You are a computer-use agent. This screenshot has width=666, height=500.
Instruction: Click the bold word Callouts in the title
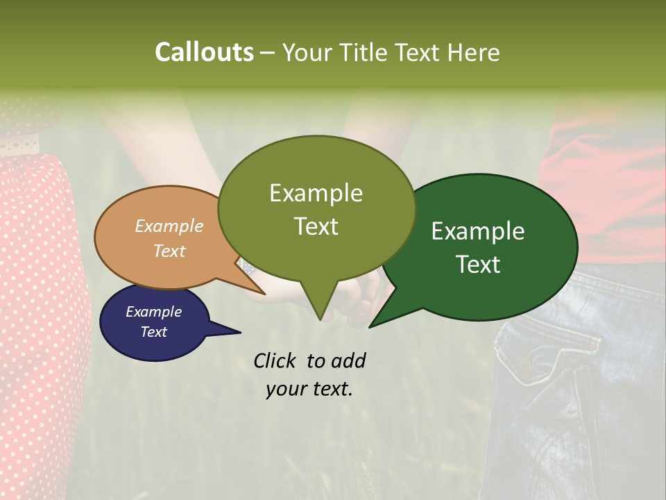[x=204, y=52]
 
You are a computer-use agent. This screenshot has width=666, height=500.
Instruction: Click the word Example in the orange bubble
[x=169, y=226]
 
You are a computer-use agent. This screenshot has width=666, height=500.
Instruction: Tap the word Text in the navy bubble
[x=154, y=332]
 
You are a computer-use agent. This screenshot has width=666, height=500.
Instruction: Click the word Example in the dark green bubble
[x=478, y=231]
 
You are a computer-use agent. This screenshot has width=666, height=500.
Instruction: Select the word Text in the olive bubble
[x=316, y=226]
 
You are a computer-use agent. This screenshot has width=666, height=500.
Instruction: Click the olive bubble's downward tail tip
[x=320, y=320]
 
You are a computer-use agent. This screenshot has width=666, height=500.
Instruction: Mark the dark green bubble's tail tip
[x=370, y=326]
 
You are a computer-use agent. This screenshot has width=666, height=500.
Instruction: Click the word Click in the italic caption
[x=276, y=360]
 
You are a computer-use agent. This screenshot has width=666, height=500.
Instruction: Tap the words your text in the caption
[x=309, y=389]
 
